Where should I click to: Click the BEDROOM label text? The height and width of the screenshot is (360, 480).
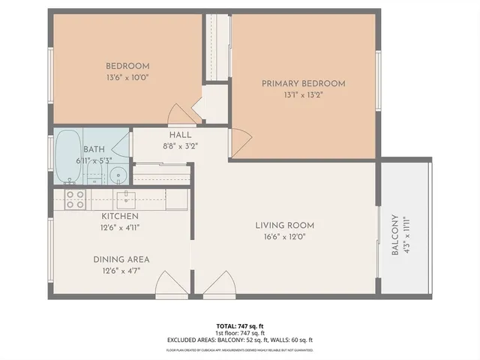127,66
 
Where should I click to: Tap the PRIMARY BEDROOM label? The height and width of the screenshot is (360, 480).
303,83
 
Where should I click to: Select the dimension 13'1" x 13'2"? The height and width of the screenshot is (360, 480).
303,94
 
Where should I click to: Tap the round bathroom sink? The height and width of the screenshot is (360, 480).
118,176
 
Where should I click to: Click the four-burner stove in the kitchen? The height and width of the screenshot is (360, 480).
74,199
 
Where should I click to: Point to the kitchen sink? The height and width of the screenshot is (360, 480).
127,198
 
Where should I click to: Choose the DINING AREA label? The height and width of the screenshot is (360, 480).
121,259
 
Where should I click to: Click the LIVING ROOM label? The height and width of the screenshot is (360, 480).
284,225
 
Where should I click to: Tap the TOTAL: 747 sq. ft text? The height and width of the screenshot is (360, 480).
239,325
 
